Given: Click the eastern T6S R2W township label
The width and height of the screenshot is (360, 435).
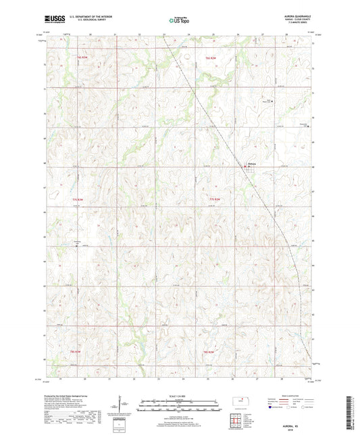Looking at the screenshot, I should (211, 59).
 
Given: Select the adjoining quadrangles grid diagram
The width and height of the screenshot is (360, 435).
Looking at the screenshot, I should (236, 421).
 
